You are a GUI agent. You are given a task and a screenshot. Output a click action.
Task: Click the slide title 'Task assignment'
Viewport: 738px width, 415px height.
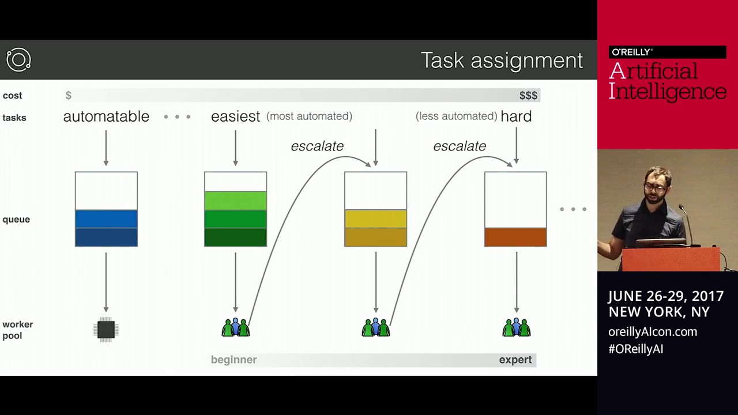point(502,61)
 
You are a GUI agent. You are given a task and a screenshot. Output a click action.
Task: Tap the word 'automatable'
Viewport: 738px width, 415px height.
point(106,116)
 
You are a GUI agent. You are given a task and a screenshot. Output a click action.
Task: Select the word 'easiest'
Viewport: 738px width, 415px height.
point(235,116)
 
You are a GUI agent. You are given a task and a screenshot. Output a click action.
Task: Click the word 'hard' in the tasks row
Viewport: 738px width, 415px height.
point(516,116)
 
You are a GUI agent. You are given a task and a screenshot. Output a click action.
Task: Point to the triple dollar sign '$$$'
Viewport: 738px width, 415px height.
point(528,96)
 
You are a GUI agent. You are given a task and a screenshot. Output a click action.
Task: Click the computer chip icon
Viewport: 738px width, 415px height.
point(106,330)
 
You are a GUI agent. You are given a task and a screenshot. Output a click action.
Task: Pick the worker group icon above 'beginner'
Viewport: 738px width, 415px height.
point(235,327)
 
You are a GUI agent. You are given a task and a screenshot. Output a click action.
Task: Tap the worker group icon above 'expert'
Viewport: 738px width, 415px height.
point(516,327)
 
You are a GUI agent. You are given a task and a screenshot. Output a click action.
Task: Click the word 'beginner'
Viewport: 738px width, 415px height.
point(234,360)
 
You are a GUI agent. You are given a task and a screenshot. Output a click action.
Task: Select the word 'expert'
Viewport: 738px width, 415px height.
point(515,360)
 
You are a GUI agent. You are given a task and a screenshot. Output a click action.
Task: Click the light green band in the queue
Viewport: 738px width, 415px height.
point(235,201)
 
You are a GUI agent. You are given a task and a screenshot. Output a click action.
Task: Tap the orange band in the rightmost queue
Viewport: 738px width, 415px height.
point(515,237)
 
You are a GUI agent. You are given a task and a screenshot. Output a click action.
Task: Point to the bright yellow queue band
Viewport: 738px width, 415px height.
point(375,218)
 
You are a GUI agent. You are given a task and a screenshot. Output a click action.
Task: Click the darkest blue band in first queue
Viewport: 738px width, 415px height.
point(106,237)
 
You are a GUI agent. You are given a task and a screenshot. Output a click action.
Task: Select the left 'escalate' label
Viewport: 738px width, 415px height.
point(317,146)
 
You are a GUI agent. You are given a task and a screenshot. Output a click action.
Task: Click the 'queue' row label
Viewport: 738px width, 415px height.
point(16,219)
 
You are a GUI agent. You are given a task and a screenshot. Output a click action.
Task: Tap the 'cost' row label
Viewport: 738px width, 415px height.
point(12,96)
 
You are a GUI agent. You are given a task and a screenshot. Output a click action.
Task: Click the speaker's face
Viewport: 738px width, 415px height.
point(656,187)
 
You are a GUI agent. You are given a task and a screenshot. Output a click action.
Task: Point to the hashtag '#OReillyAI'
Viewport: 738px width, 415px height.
point(635,349)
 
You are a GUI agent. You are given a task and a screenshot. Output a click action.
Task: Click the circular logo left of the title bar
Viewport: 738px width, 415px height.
point(18,60)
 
